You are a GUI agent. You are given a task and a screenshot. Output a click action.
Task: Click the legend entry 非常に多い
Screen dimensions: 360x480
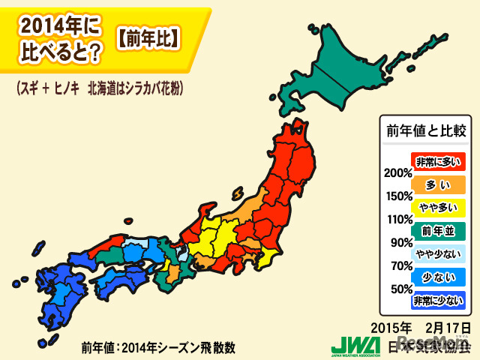pyautogui.click(x=439, y=160)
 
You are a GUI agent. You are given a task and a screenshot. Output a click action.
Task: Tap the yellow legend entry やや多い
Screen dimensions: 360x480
pyautogui.click(x=439, y=207)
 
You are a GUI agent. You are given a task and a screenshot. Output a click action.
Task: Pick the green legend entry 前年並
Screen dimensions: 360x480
pyautogui.click(x=439, y=230)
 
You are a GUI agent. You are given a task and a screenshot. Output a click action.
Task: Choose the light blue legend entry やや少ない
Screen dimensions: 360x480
pyautogui.click(x=439, y=253)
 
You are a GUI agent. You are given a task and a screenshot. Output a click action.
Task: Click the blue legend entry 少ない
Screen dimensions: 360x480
pyautogui.click(x=439, y=277)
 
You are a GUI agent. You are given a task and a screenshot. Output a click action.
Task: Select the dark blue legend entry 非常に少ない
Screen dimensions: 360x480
pyautogui.click(x=439, y=301)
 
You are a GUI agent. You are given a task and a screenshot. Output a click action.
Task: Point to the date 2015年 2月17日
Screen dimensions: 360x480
pyautogui.click(x=421, y=328)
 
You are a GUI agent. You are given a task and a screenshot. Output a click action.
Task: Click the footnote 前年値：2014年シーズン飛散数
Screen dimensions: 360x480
pyautogui.click(x=158, y=347)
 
